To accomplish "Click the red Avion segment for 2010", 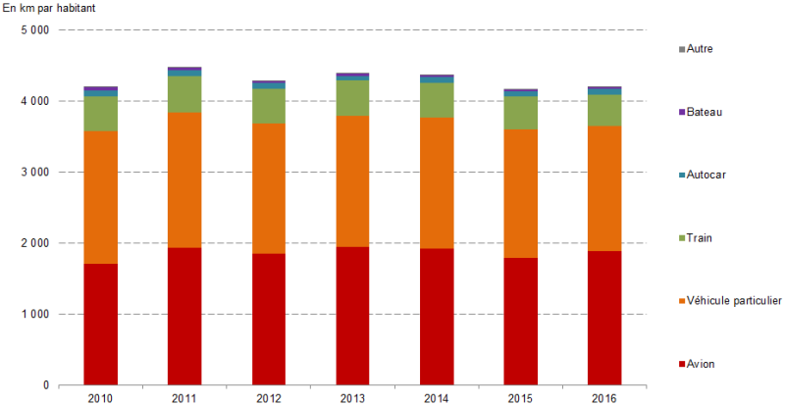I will click(100, 324).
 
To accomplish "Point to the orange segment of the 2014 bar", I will click(437, 182).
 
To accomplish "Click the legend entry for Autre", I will click(700, 48).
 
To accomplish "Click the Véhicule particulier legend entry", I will click(733, 300).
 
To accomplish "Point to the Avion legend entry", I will click(701, 364).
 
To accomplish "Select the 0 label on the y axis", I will click(45, 385).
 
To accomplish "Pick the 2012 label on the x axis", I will click(269, 397).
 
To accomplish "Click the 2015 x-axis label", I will click(521, 397).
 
